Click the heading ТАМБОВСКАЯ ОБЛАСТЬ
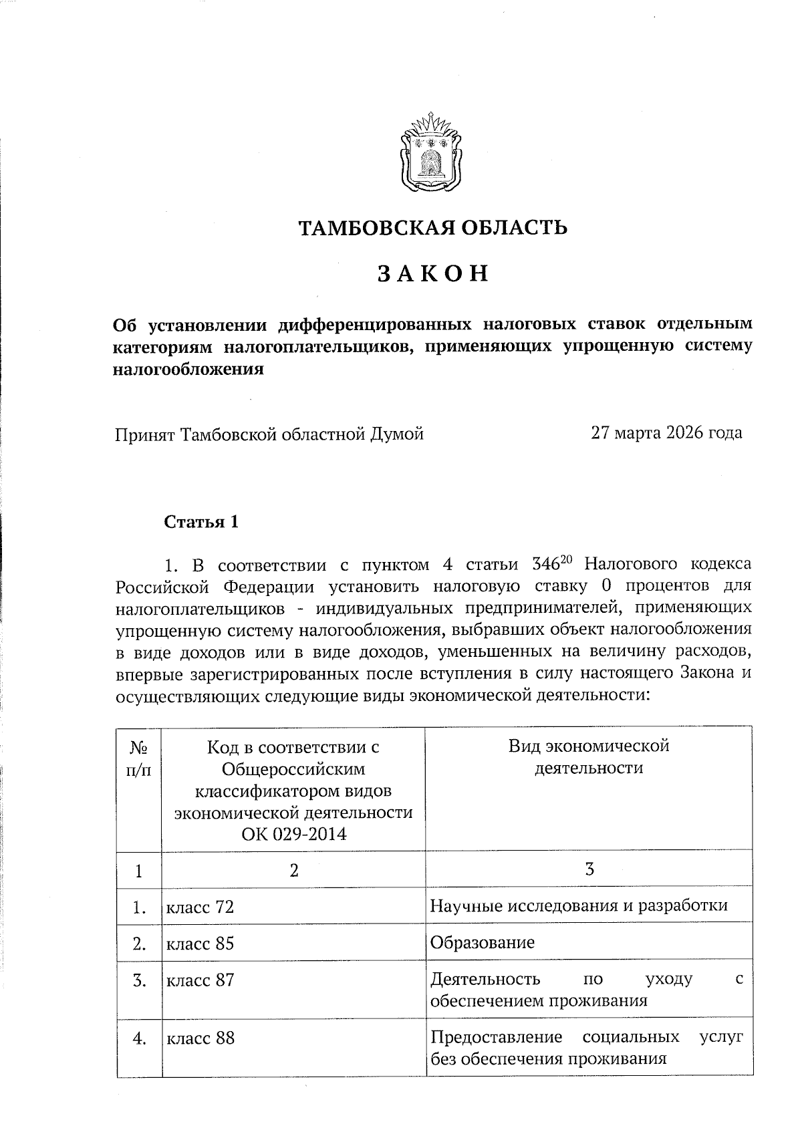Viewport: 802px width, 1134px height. click(x=432, y=228)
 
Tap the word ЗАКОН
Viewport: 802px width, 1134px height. click(x=432, y=274)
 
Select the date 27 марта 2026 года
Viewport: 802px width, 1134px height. click(x=666, y=433)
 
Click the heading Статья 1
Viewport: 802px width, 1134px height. click(x=201, y=522)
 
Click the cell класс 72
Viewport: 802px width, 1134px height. click(x=200, y=907)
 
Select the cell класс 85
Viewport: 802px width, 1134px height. click(x=200, y=944)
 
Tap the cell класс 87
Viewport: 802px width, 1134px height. click(x=200, y=980)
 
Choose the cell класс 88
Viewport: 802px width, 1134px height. click(x=200, y=1038)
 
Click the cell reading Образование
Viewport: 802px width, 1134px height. click(x=482, y=943)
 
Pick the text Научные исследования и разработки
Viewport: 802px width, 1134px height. click(x=579, y=906)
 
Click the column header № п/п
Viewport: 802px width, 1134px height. click(x=138, y=758)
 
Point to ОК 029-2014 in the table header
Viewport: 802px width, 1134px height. click(x=294, y=834)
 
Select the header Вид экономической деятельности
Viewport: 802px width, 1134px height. click(x=589, y=757)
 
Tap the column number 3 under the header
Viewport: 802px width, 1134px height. click(x=589, y=869)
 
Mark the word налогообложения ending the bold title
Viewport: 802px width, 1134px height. click(x=187, y=369)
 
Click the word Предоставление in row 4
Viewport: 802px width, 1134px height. click(x=496, y=1037)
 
